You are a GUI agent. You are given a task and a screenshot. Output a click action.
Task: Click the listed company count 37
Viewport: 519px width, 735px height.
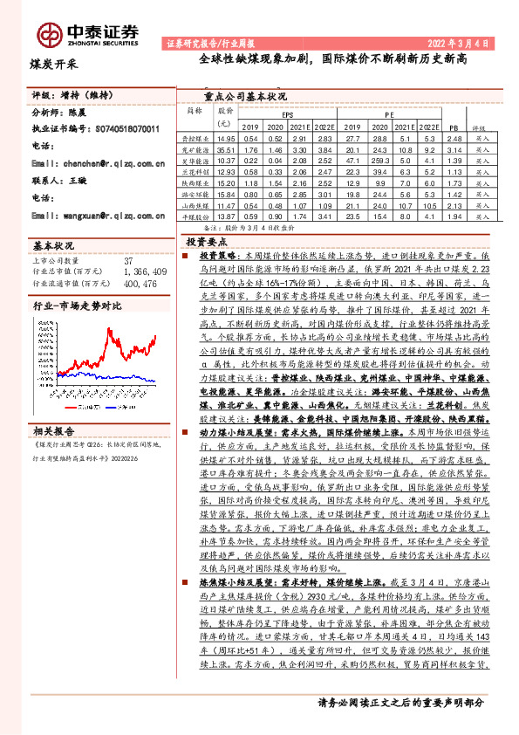click(129, 260)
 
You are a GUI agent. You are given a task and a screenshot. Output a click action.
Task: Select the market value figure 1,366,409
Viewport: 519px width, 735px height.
click(146, 271)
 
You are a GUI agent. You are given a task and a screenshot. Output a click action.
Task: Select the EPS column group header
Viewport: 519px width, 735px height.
click(288, 115)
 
